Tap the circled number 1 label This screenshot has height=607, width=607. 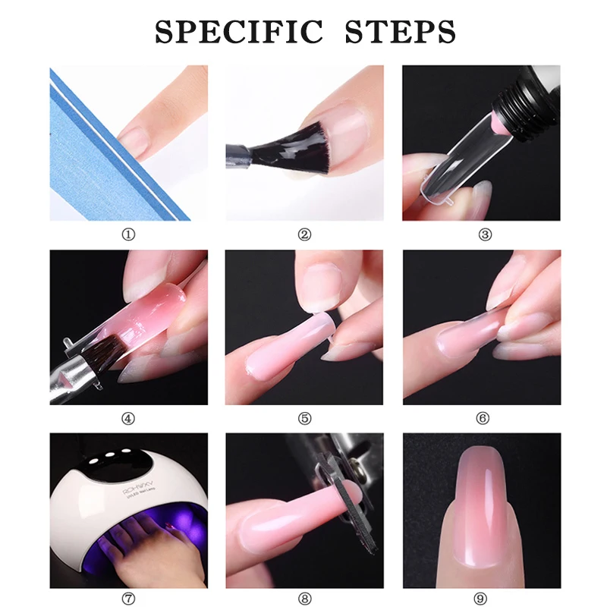point(128,234)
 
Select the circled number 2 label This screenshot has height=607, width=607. point(304,234)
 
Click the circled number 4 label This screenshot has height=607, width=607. point(128,418)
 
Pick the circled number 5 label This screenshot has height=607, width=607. point(304,418)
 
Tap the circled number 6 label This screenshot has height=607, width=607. point(483,418)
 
